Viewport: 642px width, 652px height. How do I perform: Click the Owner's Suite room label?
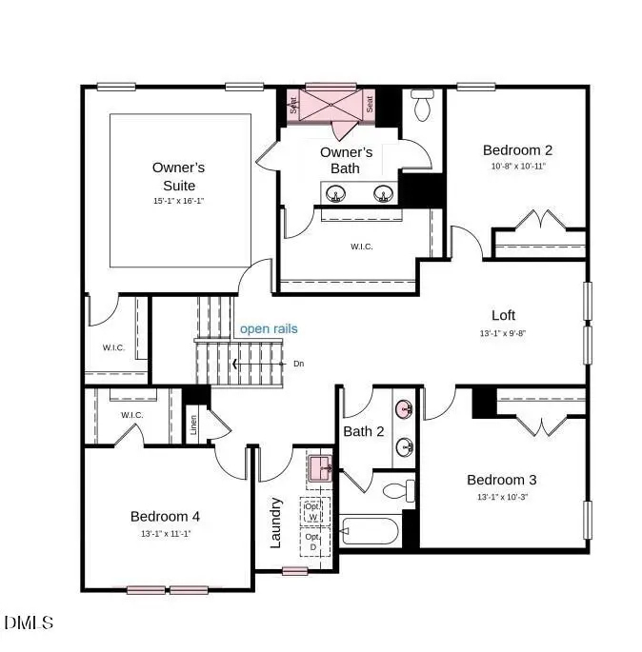pyautogui.click(x=178, y=176)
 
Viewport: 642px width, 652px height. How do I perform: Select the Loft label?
pyautogui.click(x=503, y=316)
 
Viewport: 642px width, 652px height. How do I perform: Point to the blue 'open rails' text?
pyautogui.click(x=269, y=329)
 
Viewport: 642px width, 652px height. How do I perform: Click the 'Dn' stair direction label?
pyautogui.click(x=298, y=364)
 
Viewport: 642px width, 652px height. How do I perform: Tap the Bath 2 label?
pyautogui.click(x=364, y=431)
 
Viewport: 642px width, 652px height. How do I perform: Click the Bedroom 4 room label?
pyautogui.click(x=165, y=516)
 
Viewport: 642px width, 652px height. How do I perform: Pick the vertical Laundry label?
pyautogui.click(x=277, y=522)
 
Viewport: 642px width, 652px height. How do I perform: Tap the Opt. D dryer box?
pyautogui.click(x=313, y=542)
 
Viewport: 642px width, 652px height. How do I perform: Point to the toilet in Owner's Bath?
pyautogui.click(x=422, y=106)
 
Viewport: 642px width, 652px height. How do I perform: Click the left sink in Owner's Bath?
pyautogui.click(x=336, y=194)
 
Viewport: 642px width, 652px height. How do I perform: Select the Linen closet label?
pyautogui.click(x=194, y=425)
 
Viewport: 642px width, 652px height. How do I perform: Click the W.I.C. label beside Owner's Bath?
pyautogui.click(x=362, y=247)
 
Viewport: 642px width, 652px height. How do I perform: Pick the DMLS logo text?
pyautogui.click(x=29, y=623)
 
